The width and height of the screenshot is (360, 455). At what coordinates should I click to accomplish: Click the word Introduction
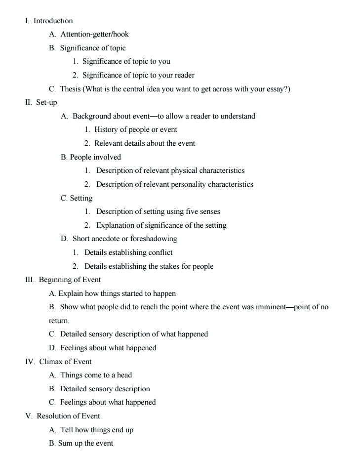click(53, 21)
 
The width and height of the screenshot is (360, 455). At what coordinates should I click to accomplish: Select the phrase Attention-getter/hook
click(94, 34)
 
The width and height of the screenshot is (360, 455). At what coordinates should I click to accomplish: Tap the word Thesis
click(71, 89)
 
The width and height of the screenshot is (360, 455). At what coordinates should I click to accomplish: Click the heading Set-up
click(46, 103)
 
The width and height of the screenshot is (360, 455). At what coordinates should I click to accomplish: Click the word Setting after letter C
click(81, 198)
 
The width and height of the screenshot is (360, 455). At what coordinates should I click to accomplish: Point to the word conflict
click(160, 252)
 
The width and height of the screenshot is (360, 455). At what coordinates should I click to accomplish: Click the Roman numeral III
click(30, 280)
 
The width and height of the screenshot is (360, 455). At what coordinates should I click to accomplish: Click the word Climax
click(51, 362)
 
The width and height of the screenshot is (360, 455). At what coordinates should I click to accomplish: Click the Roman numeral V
click(28, 416)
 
